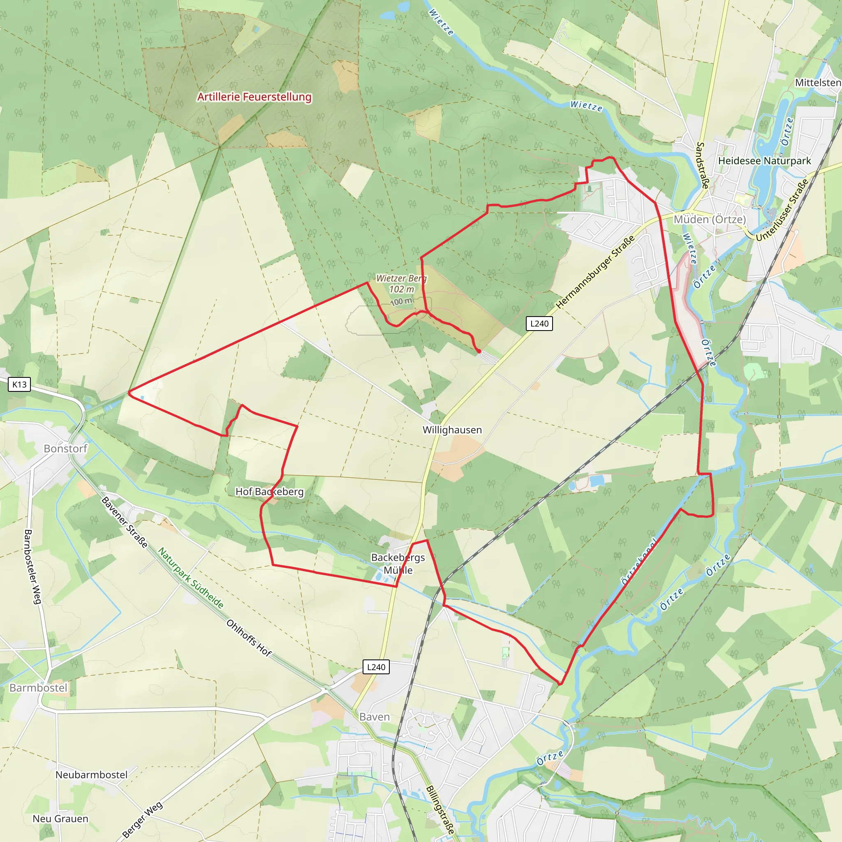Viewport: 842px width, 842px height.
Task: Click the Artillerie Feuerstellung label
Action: tap(254, 97)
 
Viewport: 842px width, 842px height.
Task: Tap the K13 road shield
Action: tap(19, 384)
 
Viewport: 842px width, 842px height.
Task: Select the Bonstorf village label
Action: tap(65, 449)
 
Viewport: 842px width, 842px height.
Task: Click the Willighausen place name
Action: tap(452, 430)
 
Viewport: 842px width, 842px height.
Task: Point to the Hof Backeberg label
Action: tap(269, 492)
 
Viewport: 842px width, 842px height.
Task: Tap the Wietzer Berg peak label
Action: tap(401, 278)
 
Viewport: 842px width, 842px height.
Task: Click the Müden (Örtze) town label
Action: tap(710, 219)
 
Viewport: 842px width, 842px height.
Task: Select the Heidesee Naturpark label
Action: tap(764, 161)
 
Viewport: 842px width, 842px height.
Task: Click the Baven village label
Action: tap(375, 717)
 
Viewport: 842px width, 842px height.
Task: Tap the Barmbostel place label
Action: tap(38, 688)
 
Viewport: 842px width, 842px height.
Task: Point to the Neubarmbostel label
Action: tap(92, 775)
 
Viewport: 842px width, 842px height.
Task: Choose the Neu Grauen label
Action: tap(60, 819)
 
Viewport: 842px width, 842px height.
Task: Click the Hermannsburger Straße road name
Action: tap(595, 273)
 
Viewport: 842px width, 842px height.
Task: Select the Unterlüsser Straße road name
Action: tap(782, 210)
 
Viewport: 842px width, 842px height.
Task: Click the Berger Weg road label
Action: tap(142, 819)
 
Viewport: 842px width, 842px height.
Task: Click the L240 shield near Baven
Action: tap(376, 667)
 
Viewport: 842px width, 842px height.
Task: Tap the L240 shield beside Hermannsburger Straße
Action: tap(539, 324)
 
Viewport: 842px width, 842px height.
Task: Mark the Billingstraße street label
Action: tap(440, 810)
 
